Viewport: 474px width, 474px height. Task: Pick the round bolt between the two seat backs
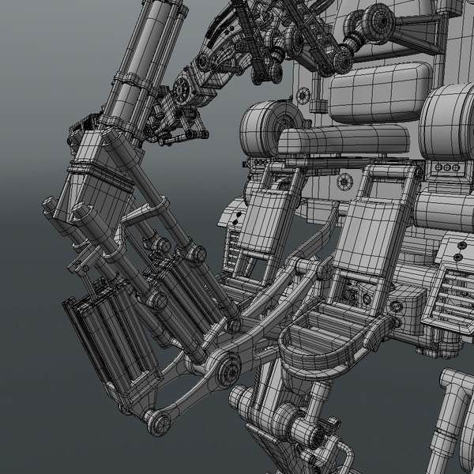(x=344, y=182)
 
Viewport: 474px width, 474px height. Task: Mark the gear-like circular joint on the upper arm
(x=186, y=88)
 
